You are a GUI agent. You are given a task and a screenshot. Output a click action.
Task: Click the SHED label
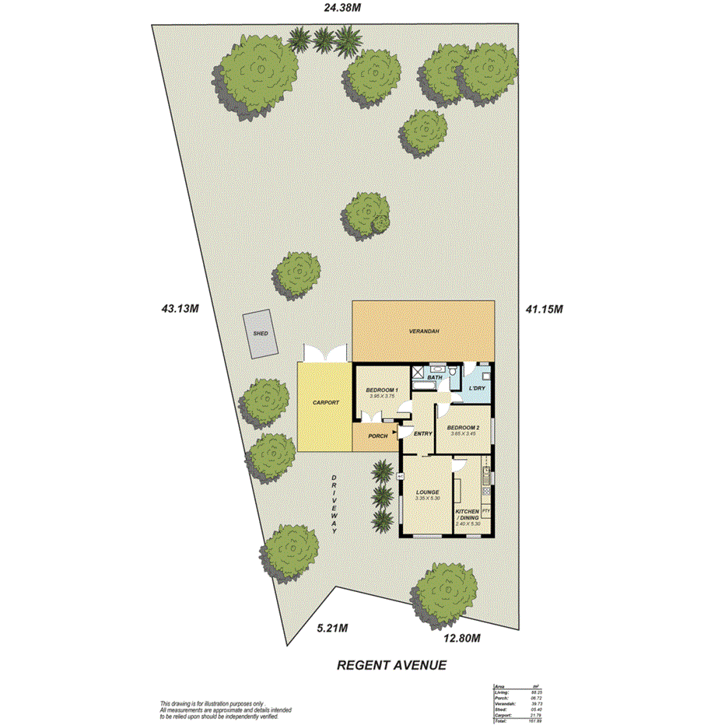point(261,334)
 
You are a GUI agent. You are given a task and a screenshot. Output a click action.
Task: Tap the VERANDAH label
point(425,331)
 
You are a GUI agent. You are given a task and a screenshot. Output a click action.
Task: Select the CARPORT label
point(325,403)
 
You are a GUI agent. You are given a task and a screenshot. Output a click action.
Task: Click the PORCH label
point(377,436)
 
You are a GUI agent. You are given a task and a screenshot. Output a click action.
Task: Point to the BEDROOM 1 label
point(382,390)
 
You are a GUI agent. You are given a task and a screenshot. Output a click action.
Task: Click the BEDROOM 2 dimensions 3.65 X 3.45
point(463,433)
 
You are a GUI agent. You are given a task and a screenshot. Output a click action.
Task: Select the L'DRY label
point(477,387)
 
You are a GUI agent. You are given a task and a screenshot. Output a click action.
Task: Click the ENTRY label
point(422,434)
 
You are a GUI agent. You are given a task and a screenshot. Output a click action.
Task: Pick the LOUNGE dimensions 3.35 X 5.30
point(427,498)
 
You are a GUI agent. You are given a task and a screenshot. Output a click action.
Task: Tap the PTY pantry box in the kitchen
point(485,510)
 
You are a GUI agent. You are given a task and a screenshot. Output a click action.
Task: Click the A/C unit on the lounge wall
point(401,475)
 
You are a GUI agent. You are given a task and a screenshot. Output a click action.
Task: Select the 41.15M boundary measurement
point(543,309)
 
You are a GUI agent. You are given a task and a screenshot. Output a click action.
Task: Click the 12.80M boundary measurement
point(461,639)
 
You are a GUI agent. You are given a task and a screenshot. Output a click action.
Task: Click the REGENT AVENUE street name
point(391,666)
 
